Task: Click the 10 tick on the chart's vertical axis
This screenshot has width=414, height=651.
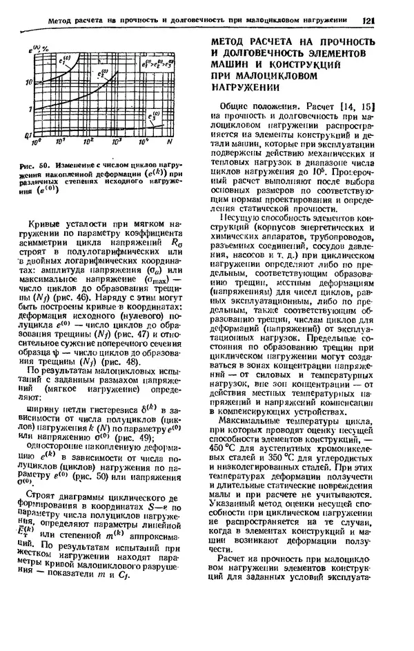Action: [28, 82]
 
